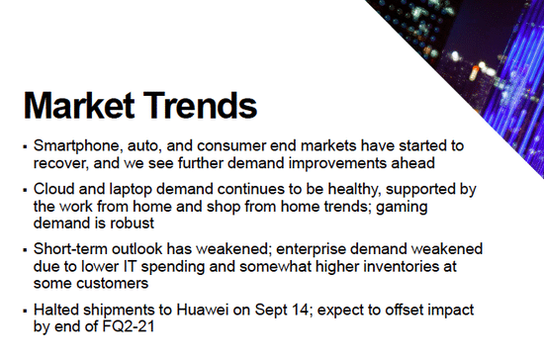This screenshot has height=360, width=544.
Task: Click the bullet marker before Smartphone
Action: (x=24, y=144)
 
